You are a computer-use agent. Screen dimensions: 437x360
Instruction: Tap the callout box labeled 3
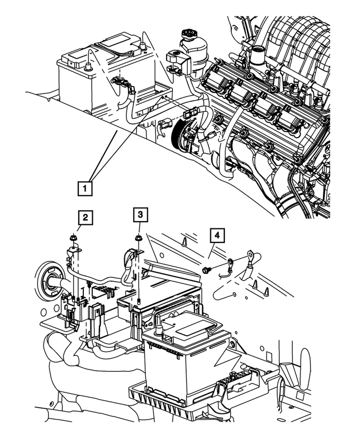[139, 214]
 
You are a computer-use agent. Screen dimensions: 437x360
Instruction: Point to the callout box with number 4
[217, 235]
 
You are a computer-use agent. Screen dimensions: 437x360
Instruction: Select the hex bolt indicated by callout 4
[206, 271]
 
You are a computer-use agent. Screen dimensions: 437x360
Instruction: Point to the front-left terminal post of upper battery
[89, 67]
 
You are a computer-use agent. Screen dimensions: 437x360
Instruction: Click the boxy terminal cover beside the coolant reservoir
[175, 58]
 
